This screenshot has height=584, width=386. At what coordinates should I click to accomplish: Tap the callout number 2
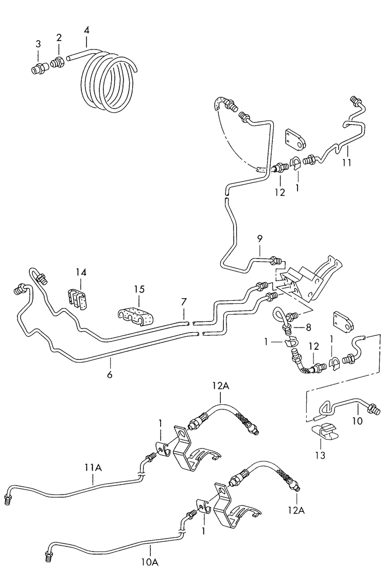59,37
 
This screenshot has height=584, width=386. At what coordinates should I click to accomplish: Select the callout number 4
86,30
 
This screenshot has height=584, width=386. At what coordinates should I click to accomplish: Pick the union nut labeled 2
57,64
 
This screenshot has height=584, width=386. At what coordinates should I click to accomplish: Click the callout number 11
347,163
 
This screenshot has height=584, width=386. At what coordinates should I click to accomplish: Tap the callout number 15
139,290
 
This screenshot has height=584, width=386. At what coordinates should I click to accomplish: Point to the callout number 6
110,374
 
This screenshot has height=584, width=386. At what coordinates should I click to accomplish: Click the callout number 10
357,421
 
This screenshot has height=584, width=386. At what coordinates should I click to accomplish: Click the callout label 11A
93,467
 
